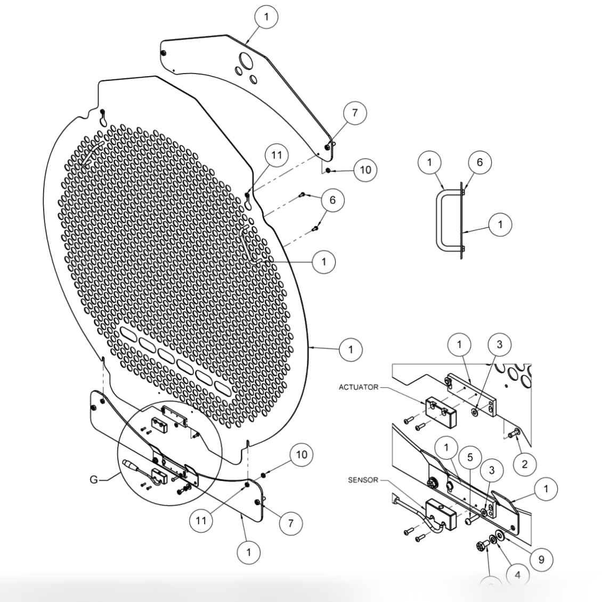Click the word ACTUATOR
click(358, 387)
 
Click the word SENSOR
click(363, 480)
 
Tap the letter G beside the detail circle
click(94, 480)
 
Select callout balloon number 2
click(524, 464)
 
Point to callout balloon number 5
click(469, 457)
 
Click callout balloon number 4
click(517, 574)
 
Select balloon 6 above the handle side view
click(479, 162)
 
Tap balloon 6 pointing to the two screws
click(333, 200)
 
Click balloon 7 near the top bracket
click(355, 113)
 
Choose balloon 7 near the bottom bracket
click(291, 523)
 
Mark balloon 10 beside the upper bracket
click(365, 170)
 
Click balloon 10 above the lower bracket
click(302, 454)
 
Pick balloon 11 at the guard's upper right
click(276, 156)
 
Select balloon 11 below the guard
click(201, 520)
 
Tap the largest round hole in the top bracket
click(246, 61)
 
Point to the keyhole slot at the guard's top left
click(103, 117)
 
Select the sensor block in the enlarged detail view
click(438, 512)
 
